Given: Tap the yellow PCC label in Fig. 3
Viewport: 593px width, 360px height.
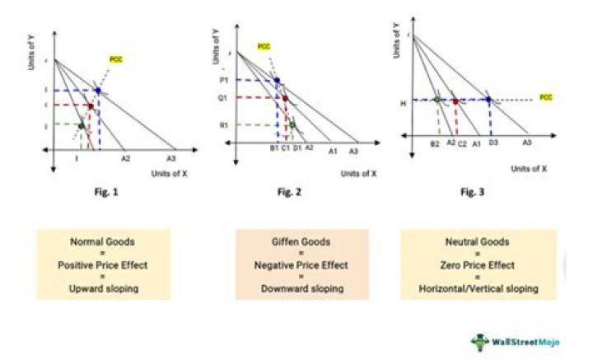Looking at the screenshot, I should tap(546, 97).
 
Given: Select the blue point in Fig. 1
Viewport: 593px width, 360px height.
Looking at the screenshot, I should tap(98, 90).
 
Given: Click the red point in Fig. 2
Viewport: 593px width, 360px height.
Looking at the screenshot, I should tap(285, 98).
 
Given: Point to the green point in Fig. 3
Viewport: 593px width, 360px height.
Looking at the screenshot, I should tap(437, 100).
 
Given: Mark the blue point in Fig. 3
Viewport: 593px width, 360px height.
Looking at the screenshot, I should tap(489, 100).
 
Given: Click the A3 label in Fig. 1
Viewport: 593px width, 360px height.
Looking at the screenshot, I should tap(171, 157).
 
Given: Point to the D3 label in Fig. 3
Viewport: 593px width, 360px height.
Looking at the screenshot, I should tap(493, 143).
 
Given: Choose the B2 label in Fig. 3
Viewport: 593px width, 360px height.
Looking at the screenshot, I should tap(434, 143).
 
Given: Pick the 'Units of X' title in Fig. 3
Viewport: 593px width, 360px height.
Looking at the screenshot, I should tap(529, 168).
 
